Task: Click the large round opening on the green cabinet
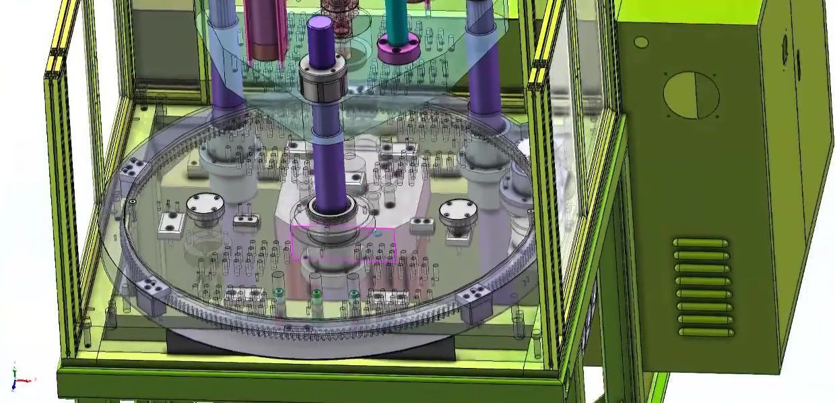coord(691,95)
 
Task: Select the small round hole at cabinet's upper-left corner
coord(641,42)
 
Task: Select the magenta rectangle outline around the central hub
coord(343,244)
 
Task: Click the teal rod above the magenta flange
coord(396,17)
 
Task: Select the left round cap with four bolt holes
coord(205,206)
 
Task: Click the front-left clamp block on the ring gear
coord(152,295)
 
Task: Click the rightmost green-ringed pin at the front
coord(354,294)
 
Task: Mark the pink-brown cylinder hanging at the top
coord(265,30)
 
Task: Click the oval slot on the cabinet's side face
coord(784,49)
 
